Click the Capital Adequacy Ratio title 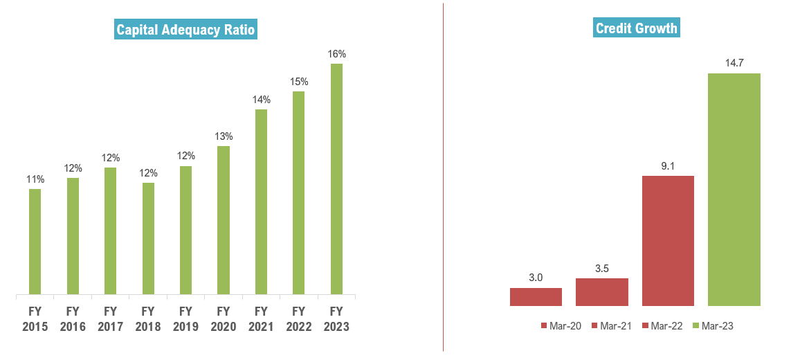[185, 30]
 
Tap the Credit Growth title [637, 28]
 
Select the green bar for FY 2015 [35, 242]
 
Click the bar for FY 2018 [148, 239]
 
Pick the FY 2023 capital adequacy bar [336, 180]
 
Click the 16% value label [336, 54]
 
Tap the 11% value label [35, 179]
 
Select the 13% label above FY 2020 [223, 136]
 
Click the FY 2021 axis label [261, 318]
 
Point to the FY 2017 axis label [110, 318]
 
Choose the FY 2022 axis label [298, 318]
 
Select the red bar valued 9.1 [668, 240]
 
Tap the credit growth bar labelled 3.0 [536, 296]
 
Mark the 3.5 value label [602, 268]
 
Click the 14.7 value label [734, 63]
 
